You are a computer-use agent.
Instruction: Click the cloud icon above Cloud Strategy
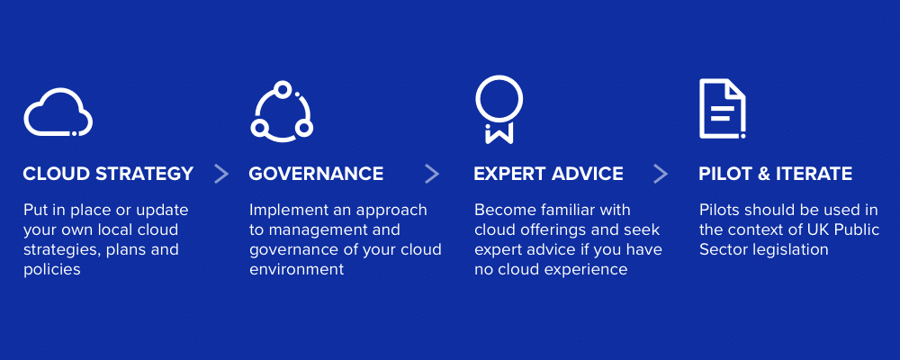[58, 113]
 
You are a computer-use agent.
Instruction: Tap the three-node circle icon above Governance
[281, 112]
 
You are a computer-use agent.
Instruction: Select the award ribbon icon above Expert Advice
[499, 109]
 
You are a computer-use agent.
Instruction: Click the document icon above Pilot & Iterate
[722, 109]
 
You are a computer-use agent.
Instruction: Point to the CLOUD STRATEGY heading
[108, 174]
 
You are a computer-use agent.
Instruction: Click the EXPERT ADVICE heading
[548, 174]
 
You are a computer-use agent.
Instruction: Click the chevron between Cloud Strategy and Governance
[221, 174]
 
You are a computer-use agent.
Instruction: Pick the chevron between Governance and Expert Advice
[432, 174]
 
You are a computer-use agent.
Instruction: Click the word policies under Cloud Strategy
[52, 269]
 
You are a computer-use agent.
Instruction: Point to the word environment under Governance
[296, 269]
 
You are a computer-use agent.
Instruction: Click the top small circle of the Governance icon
[282, 89]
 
